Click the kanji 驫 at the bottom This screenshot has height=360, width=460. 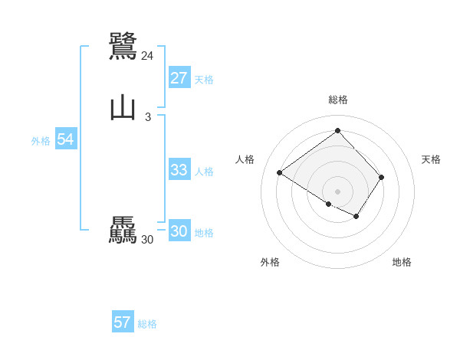[123, 231]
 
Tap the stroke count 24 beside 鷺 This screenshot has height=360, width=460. [147, 56]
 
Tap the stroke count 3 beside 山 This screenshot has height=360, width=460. [147, 117]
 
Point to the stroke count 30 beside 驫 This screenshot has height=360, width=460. [147, 240]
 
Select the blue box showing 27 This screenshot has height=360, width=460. [179, 78]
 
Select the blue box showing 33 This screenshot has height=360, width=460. [179, 170]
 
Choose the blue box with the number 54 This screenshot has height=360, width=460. [65, 139]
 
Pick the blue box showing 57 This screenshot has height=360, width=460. [122, 322]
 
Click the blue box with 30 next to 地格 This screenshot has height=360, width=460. [179, 231]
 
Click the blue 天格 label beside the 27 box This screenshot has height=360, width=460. [204, 80]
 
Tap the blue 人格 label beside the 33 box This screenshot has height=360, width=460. [204, 172]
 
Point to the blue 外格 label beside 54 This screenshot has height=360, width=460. [41, 141]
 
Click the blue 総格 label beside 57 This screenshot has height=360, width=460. [147, 324]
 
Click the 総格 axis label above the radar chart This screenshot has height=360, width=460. [337, 100]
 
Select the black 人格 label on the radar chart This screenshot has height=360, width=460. [245, 159]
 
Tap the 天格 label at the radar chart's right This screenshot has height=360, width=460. [431, 159]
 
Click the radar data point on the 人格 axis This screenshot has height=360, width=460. [280, 172]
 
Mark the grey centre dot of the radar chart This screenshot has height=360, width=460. [337, 191]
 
